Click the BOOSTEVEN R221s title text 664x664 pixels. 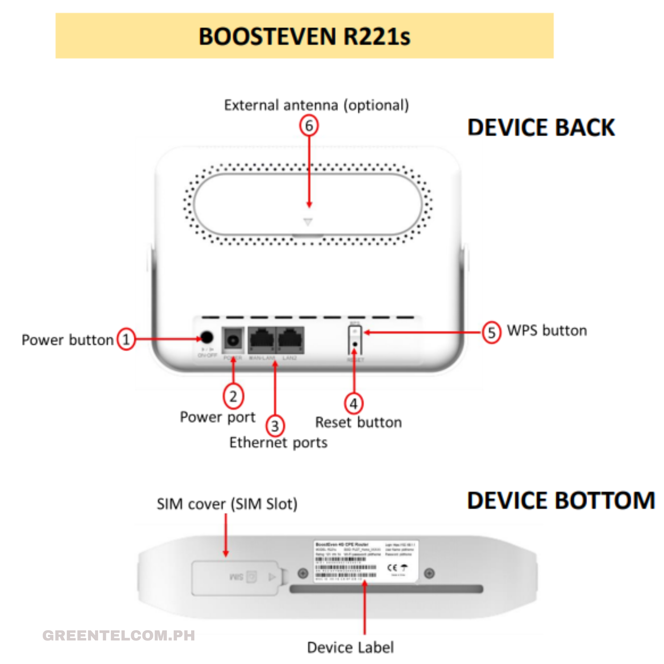coord(304,36)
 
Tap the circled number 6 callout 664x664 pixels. coord(309,126)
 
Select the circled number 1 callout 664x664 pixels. coord(126,339)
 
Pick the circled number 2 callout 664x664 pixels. coord(233,396)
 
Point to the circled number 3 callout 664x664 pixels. coord(275,426)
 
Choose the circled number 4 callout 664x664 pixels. coord(354,404)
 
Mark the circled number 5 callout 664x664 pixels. coord(491,332)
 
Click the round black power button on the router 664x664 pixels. coord(207,338)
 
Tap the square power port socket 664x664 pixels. coord(233,340)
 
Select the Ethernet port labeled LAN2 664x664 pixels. coord(290,340)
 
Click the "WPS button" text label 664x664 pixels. coord(547,331)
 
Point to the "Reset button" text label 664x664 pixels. coord(358,422)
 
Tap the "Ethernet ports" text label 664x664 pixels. coord(278,443)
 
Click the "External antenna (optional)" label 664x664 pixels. coord(317,105)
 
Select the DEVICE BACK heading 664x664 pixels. coord(541,128)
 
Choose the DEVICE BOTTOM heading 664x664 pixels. coord(561,501)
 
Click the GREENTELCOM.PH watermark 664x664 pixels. coord(119,636)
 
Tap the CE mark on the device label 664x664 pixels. coord(392,568)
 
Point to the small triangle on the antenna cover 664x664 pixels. coord(308,222)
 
